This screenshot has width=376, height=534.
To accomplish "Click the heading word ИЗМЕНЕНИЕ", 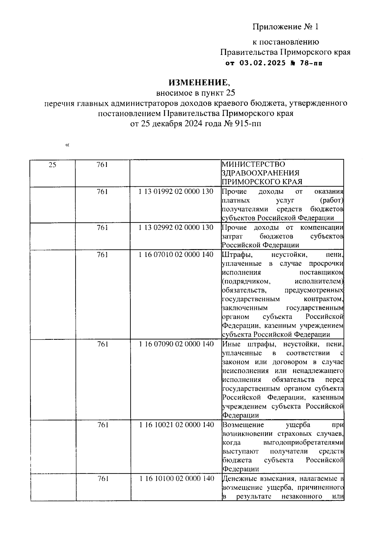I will (198, 83).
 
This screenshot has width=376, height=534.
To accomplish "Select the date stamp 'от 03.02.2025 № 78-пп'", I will (274, 63).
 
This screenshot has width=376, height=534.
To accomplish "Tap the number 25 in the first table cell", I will (53, 164).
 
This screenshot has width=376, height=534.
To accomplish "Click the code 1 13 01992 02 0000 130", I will (176, 191).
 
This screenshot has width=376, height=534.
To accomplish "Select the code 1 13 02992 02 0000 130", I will (176, 227).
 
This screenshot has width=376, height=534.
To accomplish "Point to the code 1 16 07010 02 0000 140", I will (176, 254).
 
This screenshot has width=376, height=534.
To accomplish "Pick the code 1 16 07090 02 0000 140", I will (176, 344).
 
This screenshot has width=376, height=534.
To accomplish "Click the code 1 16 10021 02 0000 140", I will (176, 425).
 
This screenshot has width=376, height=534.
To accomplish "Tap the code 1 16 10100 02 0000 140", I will (176, 478).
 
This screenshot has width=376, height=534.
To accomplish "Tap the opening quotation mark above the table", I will (67, 145).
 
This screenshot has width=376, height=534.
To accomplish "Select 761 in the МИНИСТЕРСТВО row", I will (102, 164).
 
